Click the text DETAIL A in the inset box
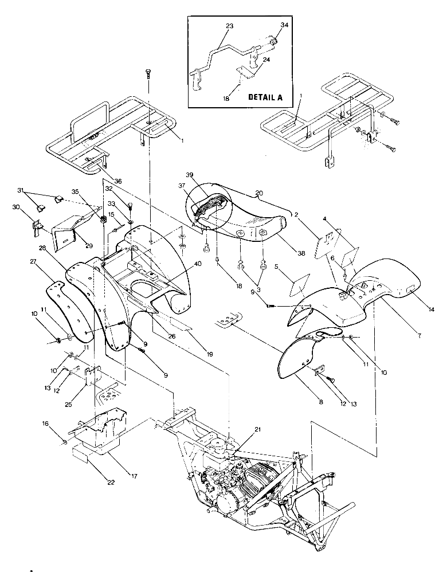tap(265, 97)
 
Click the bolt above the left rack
tap(148, 73)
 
